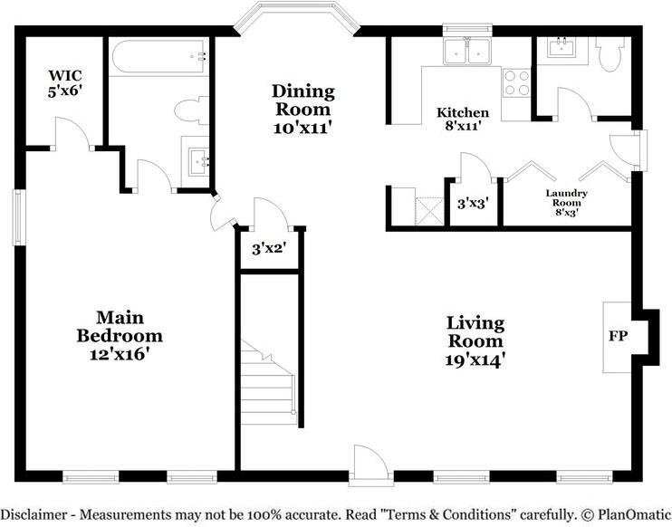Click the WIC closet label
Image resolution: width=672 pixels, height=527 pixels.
pos(64,75)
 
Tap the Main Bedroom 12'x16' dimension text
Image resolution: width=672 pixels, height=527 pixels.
pos(119,355)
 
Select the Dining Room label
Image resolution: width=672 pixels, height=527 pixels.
pos(303,101)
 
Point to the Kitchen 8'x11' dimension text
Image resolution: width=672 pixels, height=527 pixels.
pos(463,127)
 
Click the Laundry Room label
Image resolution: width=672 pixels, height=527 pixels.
pos(566,198)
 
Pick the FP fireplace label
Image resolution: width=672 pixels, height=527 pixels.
pos(618,336)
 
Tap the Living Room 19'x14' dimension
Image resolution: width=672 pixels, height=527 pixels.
pos(473,360)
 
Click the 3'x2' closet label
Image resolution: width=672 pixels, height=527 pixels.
pos(269,248)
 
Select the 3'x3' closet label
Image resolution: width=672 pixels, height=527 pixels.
pos(473,203)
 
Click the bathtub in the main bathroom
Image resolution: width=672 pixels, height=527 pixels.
pos(159,56)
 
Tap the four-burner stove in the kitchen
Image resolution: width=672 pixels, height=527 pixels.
pos(516,82)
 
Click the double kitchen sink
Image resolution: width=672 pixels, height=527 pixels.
pos(467,52)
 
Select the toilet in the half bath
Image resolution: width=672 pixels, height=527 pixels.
pos(609,54)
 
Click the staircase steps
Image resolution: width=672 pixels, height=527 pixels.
pos(268,382)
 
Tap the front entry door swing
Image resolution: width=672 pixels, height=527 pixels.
pos(370,462)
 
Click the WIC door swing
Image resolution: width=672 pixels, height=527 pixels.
pos(72,133)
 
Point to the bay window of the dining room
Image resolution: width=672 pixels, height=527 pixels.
pos(297,16)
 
